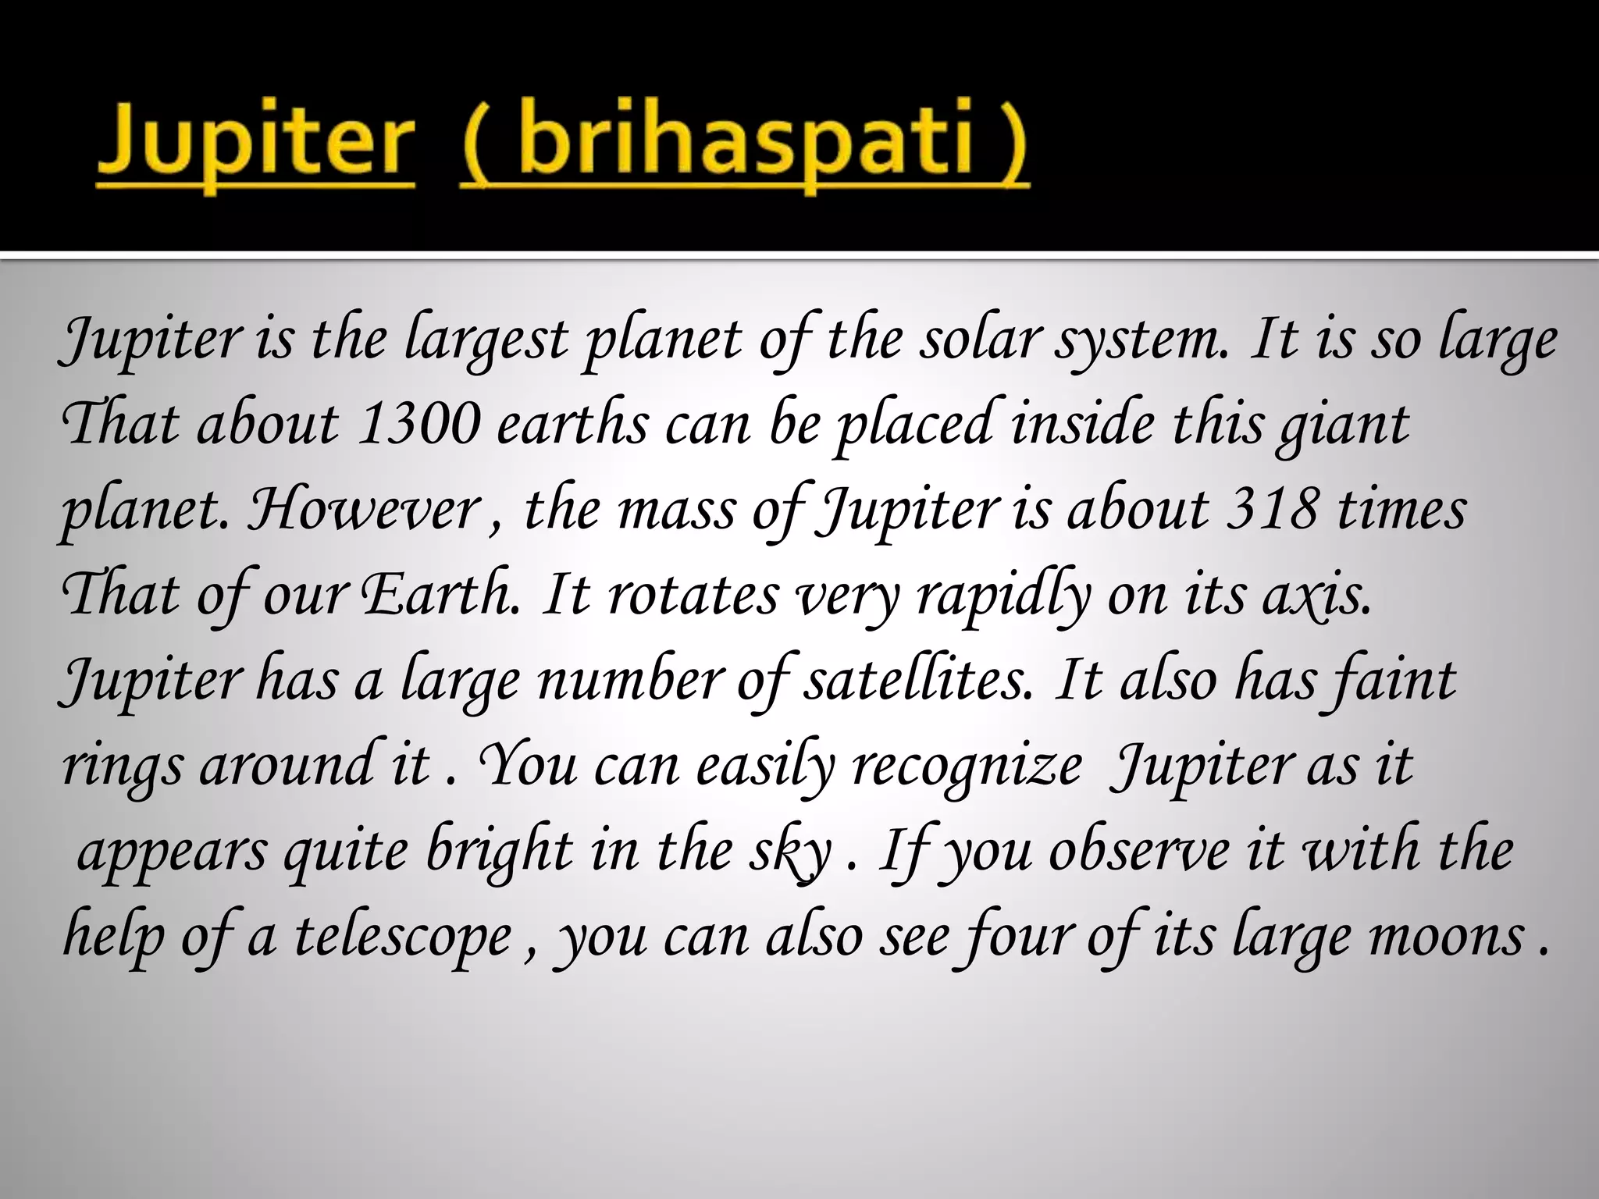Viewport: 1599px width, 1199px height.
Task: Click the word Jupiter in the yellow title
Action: (255, 144)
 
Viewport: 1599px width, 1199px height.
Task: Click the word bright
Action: (500, 852)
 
